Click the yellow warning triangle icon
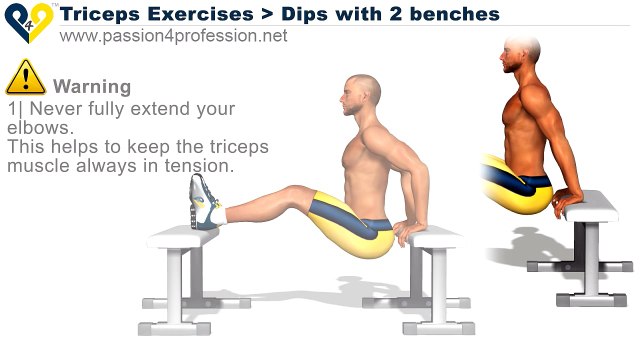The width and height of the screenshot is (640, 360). click(x=25, y=79)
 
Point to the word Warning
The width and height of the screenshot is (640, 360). click(x=91, y=86)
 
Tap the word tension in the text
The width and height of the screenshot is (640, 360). click(x=201, y=165)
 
